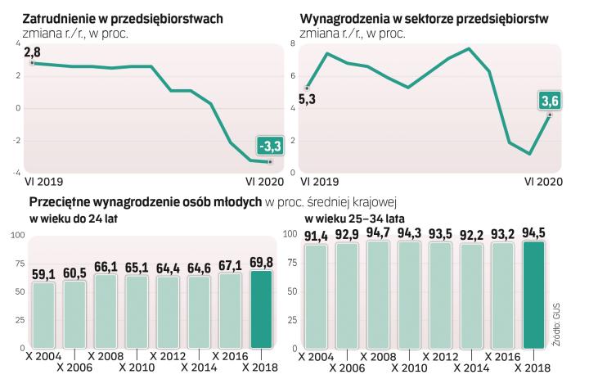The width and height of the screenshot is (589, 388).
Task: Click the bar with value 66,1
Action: [106, 311]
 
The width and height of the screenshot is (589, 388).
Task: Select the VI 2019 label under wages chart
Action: [319, 181]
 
